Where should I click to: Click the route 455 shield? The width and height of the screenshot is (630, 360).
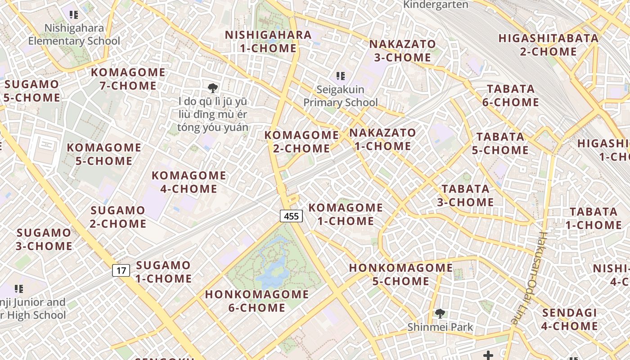click(x=291, y=216)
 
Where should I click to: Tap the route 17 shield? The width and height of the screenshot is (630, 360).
click(x=121, y=270)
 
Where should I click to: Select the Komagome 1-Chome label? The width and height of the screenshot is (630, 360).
click(x=346, y=214)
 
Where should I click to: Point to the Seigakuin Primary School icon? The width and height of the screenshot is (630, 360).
click(x=340, y=76)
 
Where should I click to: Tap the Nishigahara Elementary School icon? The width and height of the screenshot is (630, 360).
click(x=74, y=15)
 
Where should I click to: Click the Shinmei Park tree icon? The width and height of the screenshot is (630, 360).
click(x=440, y=314)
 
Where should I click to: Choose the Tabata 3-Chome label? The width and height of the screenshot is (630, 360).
click(x=465, y=195)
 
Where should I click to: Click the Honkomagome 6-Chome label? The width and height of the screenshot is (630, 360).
click(x=257, y=301)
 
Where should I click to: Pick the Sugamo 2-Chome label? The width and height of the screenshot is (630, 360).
click(x=118, y=217)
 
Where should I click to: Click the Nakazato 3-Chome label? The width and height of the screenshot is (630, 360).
click(x=402, y=51)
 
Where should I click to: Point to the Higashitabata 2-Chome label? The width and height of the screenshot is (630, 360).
click(x=548, y=45)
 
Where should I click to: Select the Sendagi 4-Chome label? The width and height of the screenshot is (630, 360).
click(x=569, y=319)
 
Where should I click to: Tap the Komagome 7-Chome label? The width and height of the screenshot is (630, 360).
click(x=128, y=79)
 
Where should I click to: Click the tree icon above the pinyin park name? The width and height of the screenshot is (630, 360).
click(x=213, y=88)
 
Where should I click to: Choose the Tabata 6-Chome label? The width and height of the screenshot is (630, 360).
click(x=510, y=95)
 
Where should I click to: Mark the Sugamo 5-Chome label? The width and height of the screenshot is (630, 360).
click(x=31, y=91)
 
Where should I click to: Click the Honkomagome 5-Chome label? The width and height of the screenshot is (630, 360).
click(x=400, y=274)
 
